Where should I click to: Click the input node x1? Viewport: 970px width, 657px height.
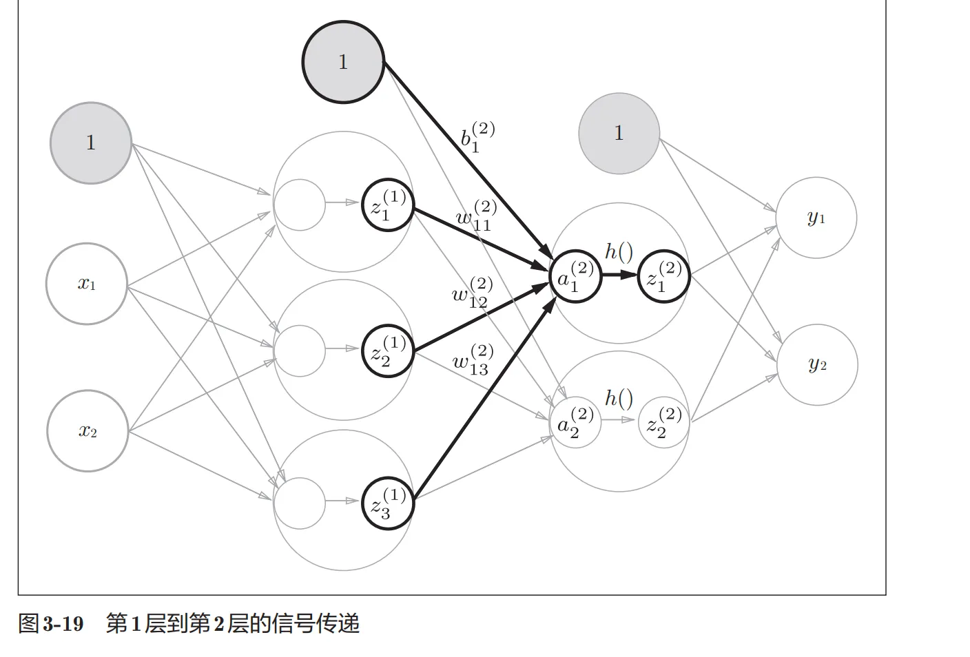(x=87, y=284)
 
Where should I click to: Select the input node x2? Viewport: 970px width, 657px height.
(x=87, y=431)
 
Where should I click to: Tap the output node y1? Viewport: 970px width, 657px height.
(x=816, y=218)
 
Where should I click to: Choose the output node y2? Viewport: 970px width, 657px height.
(x=818, y=364)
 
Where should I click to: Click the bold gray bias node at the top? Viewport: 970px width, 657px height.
(x=343, y=62)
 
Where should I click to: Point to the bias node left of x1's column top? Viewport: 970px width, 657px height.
(x=91, y=143)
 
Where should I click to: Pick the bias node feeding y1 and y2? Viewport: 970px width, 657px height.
(x=619, y=133)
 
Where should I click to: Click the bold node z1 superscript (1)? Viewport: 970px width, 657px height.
(x=388, y=205)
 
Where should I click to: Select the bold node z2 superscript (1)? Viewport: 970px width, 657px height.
(x=388, y=351)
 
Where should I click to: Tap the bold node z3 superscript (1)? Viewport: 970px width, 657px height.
(x=388, y=503)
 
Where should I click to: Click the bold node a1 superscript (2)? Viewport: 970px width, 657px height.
(x=575, y=276)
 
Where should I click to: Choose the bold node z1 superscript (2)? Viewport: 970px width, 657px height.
(x=663, y=276)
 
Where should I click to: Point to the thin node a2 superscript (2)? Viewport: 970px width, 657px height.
(x=575, y=422)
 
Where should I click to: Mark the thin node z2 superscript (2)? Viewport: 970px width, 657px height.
(x=663, y=422)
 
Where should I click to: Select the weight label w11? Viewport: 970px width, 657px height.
(x=475, y=216)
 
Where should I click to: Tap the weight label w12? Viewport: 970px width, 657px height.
(x=472, y=293)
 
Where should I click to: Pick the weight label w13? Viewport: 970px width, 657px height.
(x=472, y=360)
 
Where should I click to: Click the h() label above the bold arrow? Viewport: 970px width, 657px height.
(x=619, y=252)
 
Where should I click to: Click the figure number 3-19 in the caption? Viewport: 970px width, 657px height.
(x=63, y=624)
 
